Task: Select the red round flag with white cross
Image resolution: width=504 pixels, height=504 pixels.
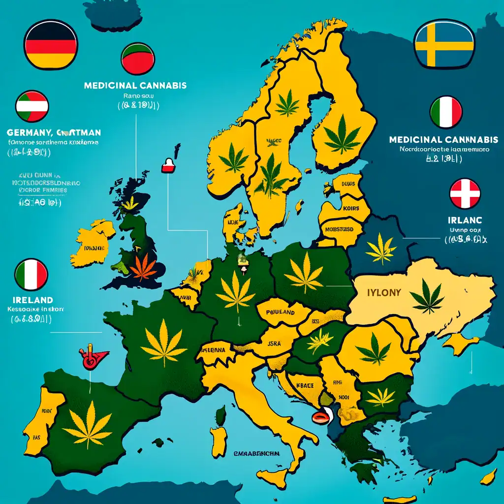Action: click(x=465, y=193)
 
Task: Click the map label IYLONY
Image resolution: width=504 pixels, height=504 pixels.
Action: click(x=384, y=292)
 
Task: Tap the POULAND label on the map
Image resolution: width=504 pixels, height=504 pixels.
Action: click(x=280, y=312)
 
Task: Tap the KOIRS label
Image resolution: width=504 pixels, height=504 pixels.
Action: click(x=348, y=208)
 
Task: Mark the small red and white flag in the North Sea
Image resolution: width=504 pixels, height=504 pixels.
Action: click(x=168, y=165)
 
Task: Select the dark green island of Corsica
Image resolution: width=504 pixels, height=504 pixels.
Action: click(x=221, y=414)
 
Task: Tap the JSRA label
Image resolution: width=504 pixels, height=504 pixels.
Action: click(x=274, y=344)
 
